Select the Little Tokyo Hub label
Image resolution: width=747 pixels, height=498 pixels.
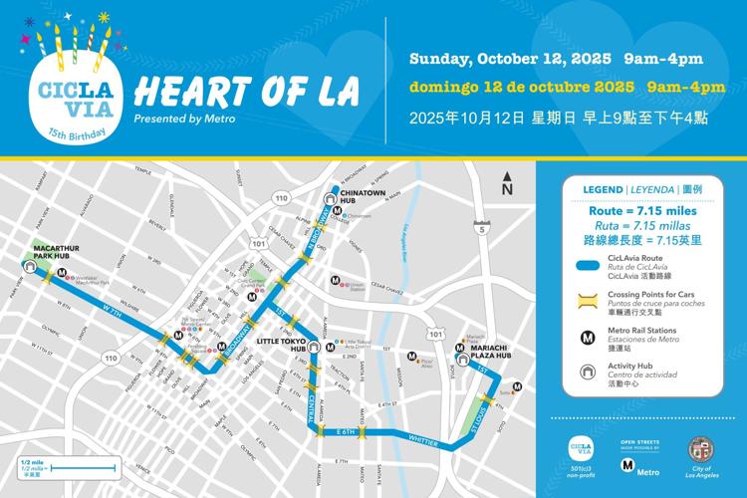coord(281,345)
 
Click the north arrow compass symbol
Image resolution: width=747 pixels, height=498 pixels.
coord(507,184)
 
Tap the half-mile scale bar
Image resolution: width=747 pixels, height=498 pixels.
coord(69,467)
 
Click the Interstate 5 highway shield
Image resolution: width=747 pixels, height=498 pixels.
coord(482,230)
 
